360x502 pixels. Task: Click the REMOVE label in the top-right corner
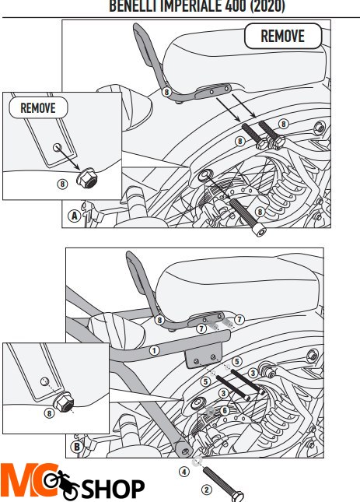click(281, 36)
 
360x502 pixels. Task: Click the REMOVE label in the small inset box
click(38, 108)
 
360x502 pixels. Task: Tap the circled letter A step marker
click(75, 216)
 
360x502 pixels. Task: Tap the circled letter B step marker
click(76, 447)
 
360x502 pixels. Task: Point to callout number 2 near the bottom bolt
click(206, 490)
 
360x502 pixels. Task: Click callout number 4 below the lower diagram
click(184, 472)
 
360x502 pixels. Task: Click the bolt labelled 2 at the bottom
click(225, 483)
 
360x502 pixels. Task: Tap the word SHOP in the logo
click(113, 489)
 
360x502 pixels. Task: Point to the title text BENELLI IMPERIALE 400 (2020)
click(196, 6)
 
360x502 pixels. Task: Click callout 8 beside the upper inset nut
click(62, 184)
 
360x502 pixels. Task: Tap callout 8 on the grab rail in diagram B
click(159, 319)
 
